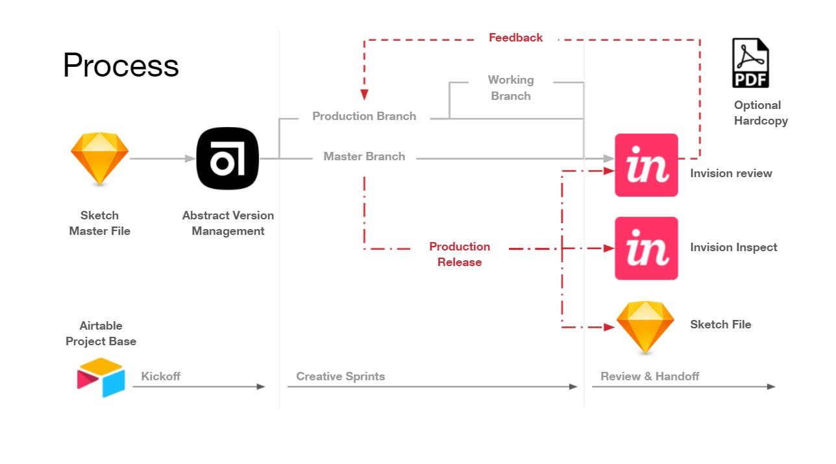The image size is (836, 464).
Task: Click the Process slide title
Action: coord(121,66)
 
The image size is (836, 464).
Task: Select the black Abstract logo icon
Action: coord(228,158)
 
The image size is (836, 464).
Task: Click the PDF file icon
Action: coord(750,63)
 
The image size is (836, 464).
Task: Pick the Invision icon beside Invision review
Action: coord(646,165)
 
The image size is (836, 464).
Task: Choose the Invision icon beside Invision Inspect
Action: coord(646,249)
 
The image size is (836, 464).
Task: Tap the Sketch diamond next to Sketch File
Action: coord(645,326)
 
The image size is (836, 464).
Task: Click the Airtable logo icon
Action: coord(101,377)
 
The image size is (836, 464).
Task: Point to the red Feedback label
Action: coord(516,38)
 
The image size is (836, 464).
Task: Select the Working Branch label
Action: coord(511,88)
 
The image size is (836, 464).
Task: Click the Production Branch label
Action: coord(364,116)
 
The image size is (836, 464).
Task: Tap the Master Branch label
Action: coord(364,156)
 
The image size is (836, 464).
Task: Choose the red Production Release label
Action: coord(460,254)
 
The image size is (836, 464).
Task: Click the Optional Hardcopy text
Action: coord(761,113)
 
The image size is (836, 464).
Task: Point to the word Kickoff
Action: coord(161,376)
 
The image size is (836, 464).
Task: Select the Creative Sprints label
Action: coord(340,376)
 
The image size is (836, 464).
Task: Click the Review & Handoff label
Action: coord(650,376)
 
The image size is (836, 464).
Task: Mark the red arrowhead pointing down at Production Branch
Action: coord(364,95)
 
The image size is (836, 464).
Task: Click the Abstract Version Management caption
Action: coord(228,223)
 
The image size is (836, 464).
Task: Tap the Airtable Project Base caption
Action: coord(101,334)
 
